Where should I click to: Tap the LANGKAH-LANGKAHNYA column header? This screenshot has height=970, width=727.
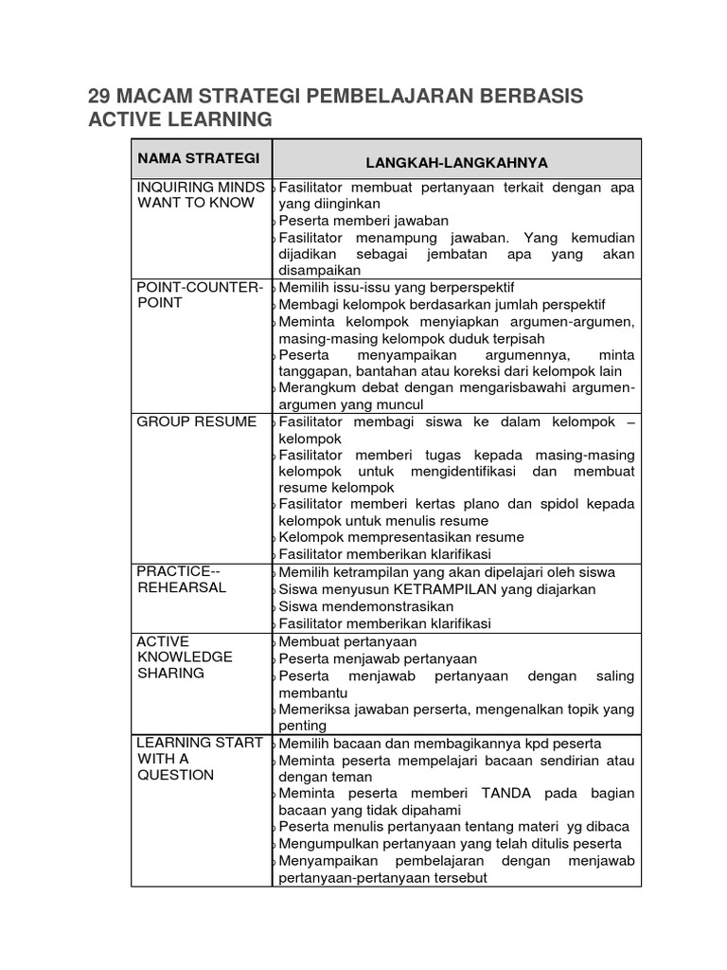pos(456,162)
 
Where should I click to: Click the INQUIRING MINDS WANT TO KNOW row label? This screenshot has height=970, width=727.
pos(201,194)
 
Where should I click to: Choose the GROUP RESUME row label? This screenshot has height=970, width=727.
pos(196,422)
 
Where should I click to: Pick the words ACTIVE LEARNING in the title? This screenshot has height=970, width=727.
pos(179,120)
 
